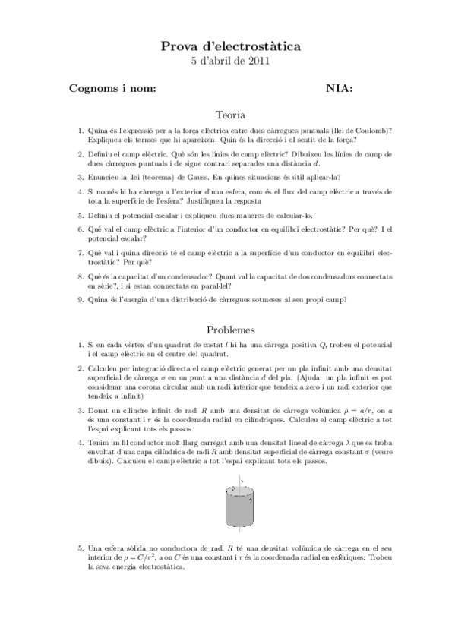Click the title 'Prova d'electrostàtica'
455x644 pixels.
click(231, 47)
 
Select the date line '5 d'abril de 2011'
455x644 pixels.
click(231, 62)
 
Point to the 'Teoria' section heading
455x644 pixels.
click(231, 115)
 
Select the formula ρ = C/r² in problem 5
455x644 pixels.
click(127, 557)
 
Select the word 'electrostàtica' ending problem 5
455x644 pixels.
click(156, 567)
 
